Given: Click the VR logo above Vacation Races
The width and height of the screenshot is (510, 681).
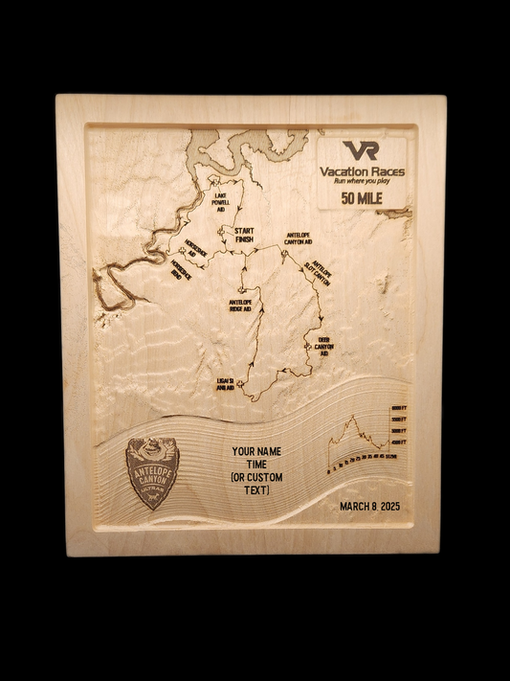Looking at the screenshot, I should pos(361,150).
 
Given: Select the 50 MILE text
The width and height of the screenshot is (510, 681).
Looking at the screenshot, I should pos(361,198).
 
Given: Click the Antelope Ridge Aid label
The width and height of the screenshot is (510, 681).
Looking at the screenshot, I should pos(240,306).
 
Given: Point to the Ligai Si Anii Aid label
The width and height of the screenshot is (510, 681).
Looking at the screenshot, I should pos(225,384).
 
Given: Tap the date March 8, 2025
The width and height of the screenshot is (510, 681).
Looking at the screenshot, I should pos(369,508).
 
